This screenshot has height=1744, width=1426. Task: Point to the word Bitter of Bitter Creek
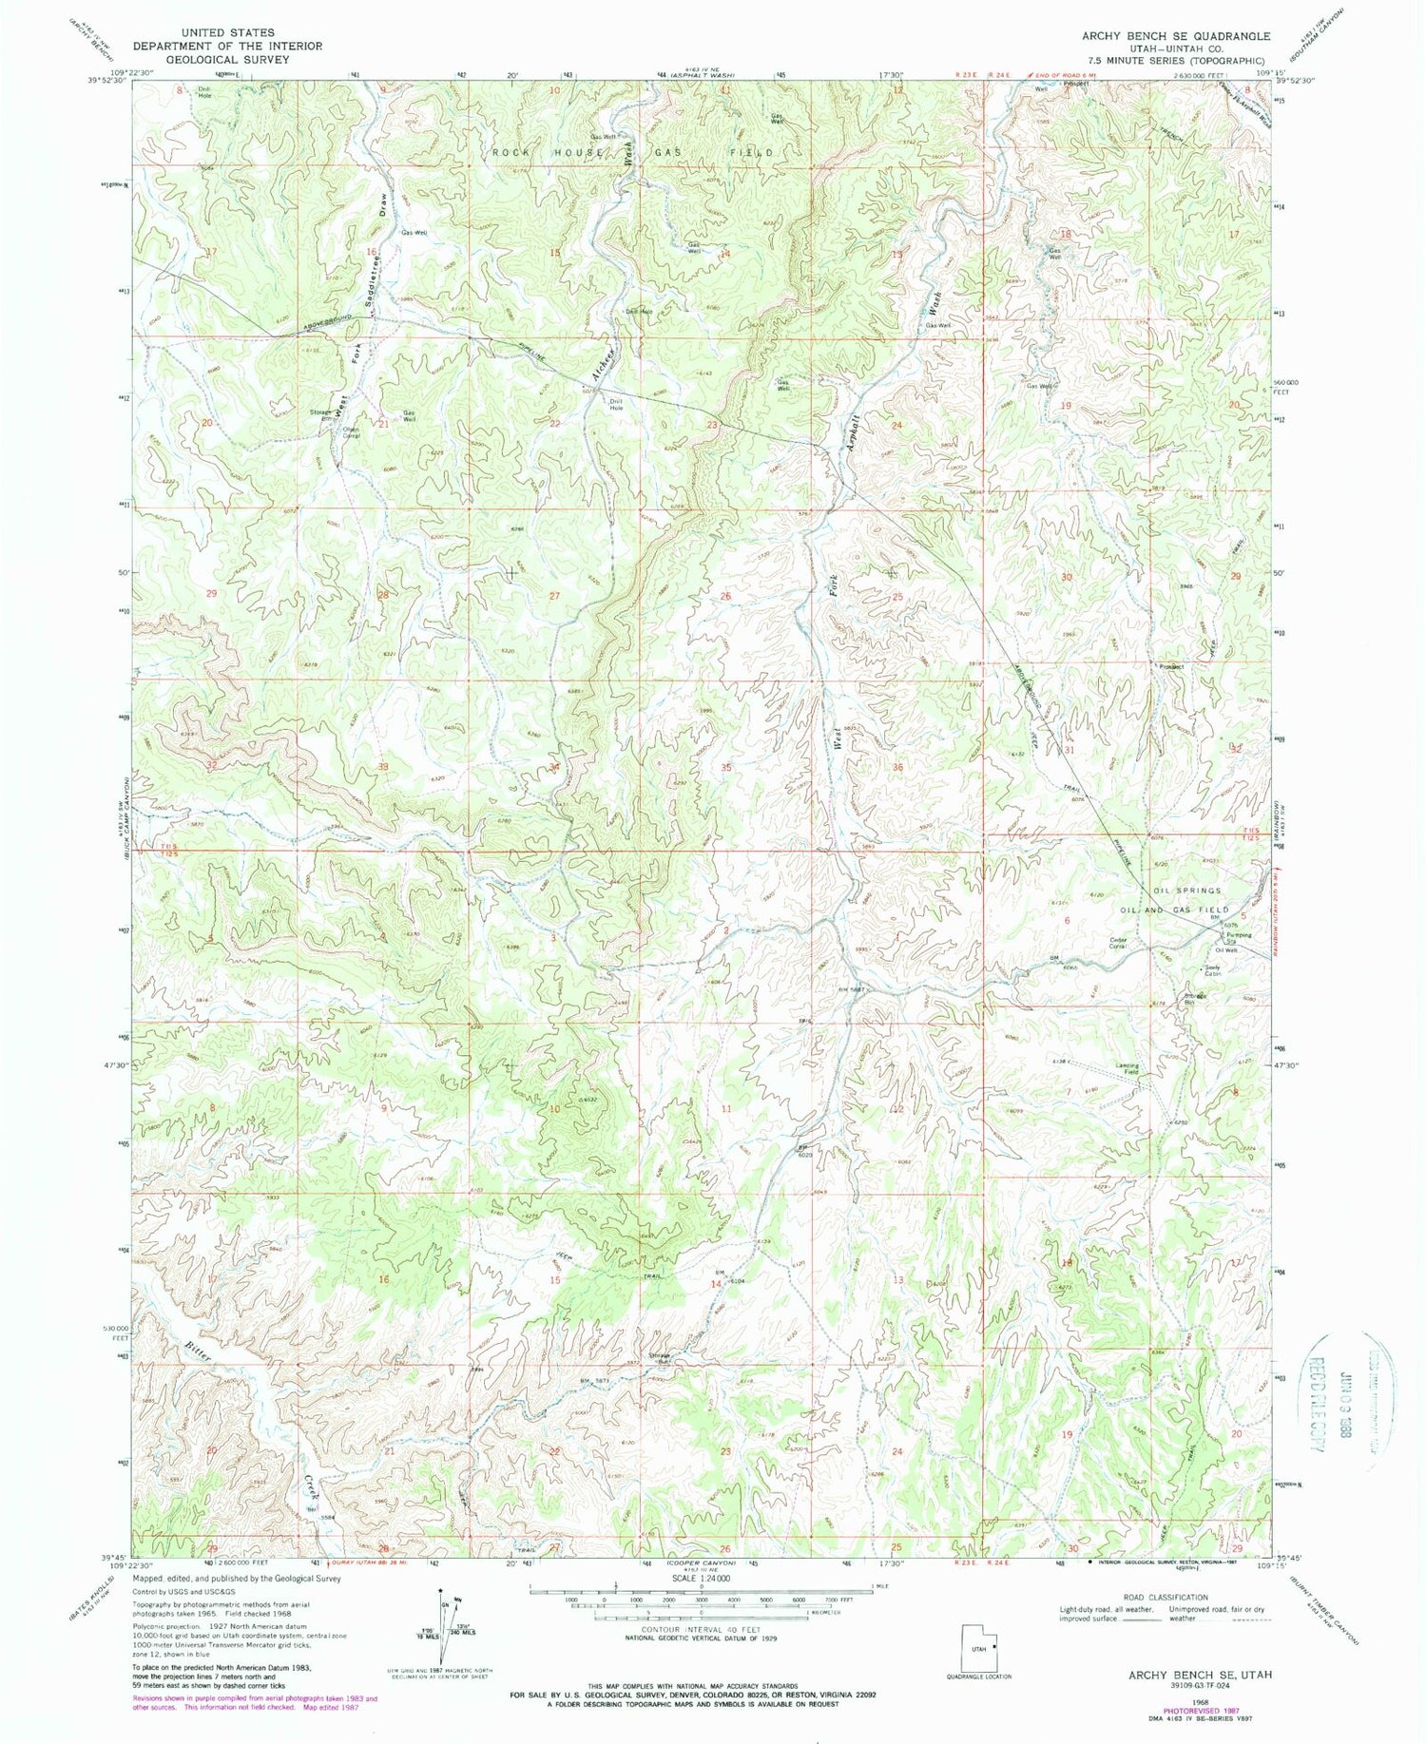click(197, 1349)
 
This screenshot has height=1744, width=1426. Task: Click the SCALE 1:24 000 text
click(701, 1578)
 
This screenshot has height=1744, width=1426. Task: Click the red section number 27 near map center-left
click(554, 596)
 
